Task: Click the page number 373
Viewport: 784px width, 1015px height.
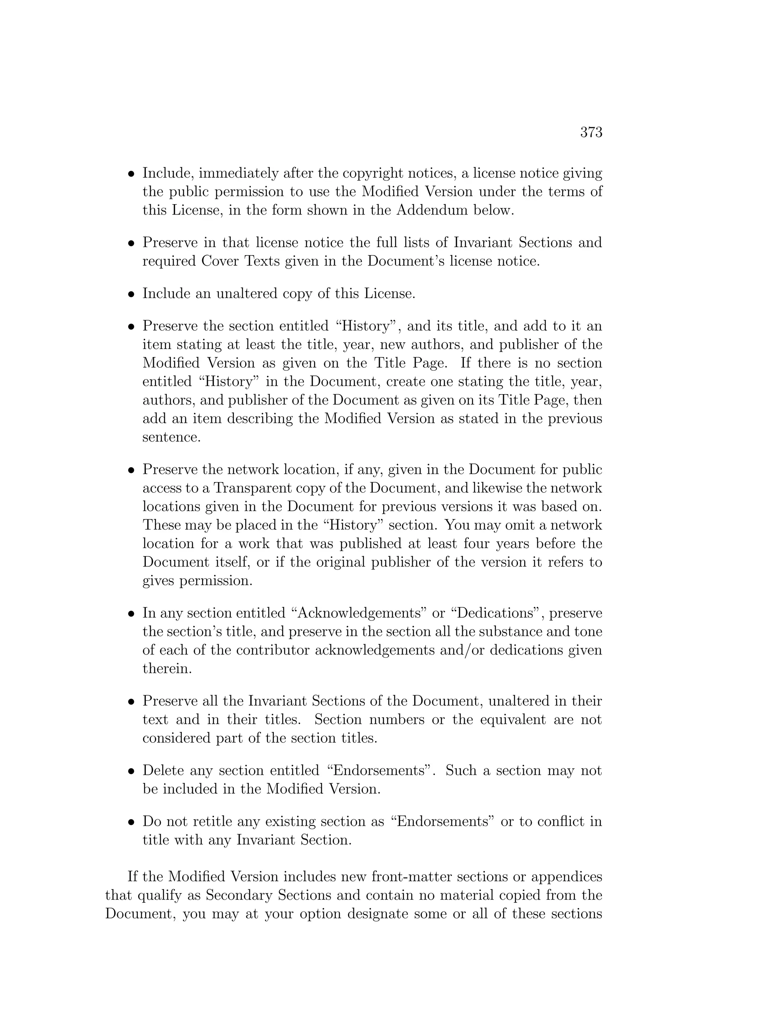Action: [x=591, y=133]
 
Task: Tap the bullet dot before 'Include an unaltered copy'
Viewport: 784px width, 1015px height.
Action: [x=131, y=295]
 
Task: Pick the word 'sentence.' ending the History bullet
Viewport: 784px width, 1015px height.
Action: [x=171, y=437]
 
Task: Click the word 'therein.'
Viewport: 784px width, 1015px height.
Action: [x=167, y=669]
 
